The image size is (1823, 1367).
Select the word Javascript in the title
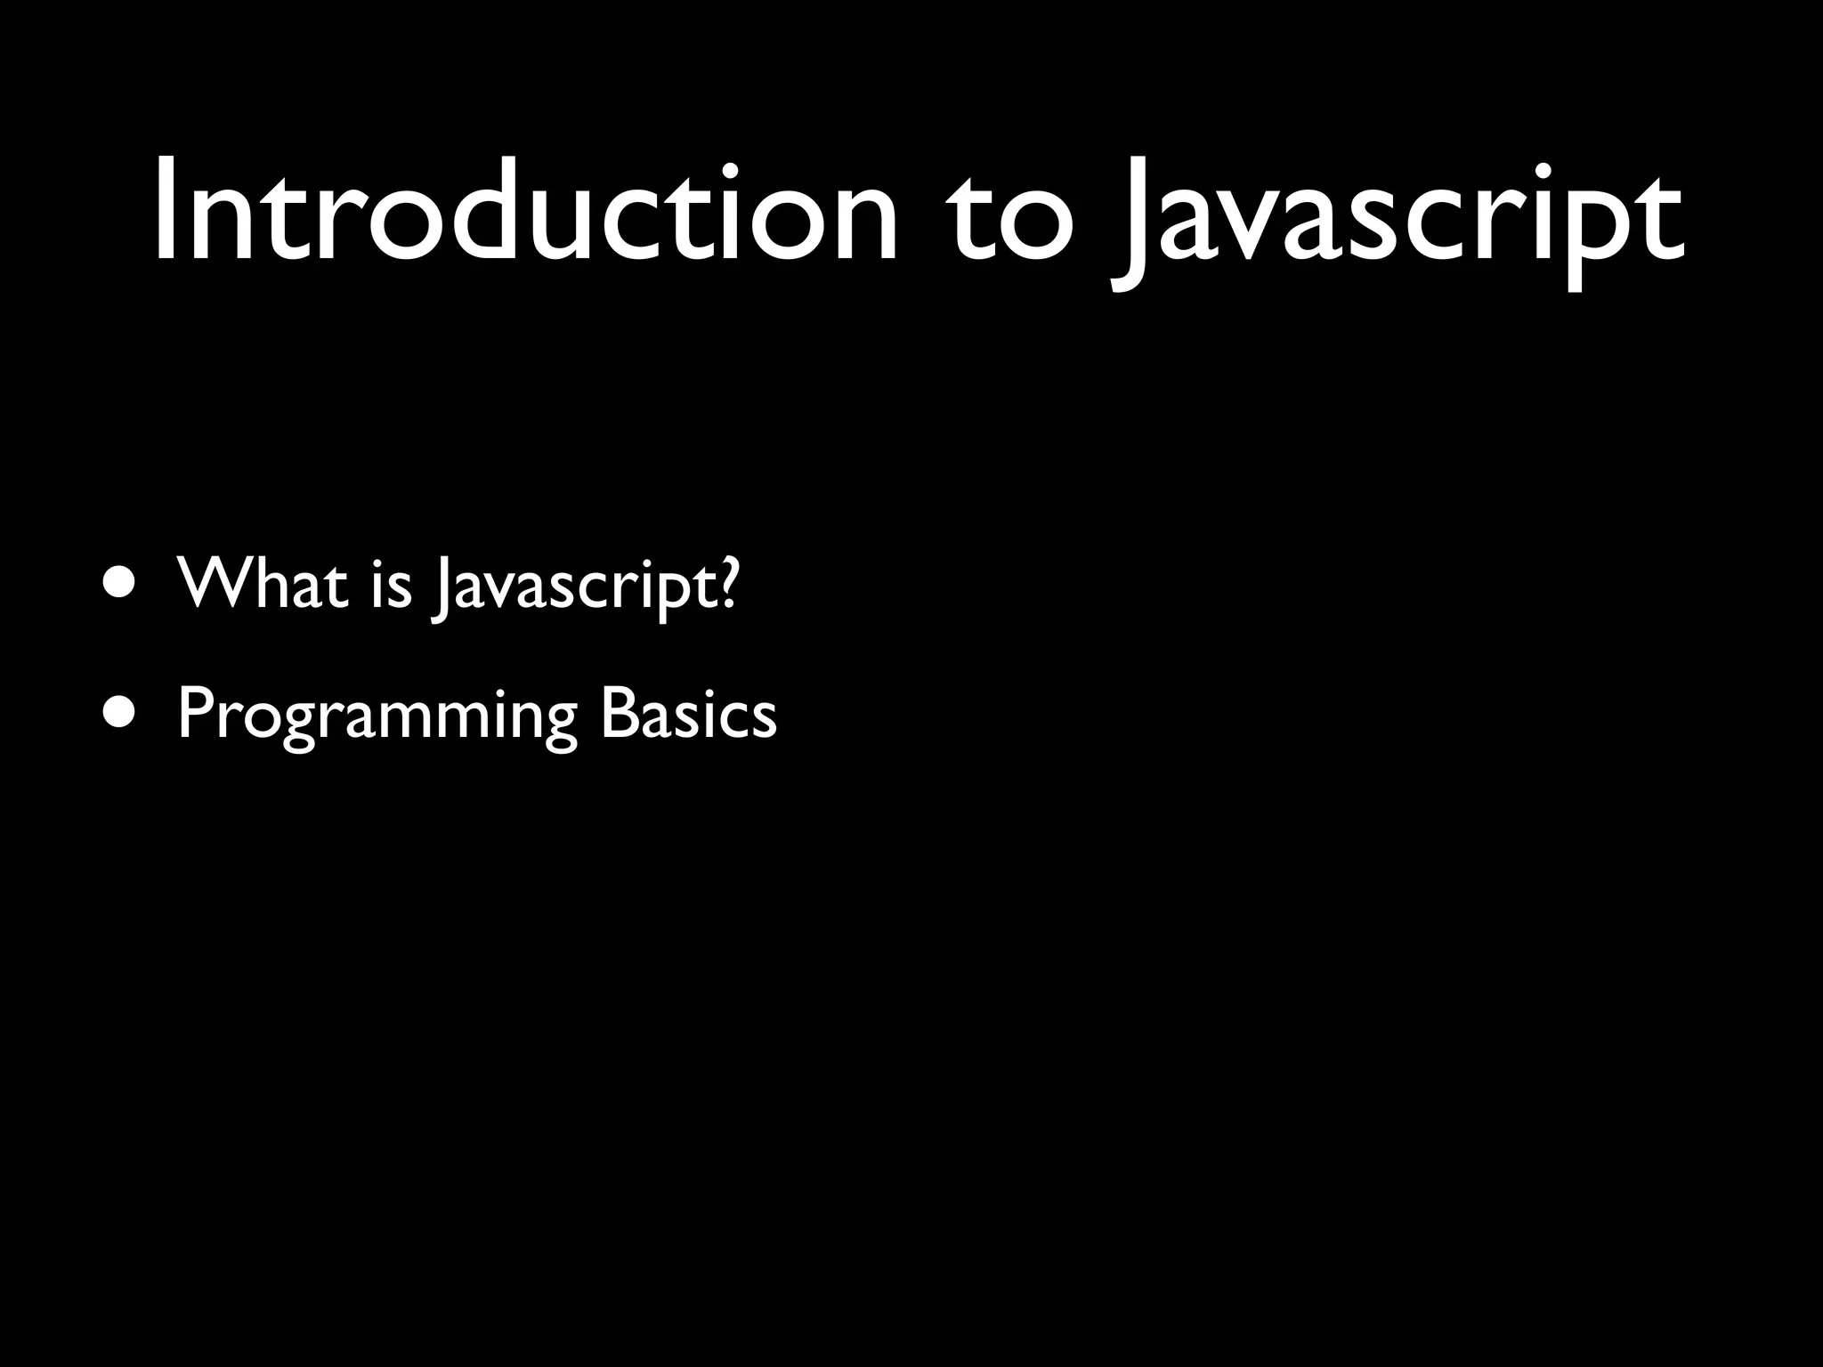(1398, 222)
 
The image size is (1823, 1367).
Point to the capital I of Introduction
(166, 214)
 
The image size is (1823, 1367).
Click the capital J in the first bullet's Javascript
(440, 587)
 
